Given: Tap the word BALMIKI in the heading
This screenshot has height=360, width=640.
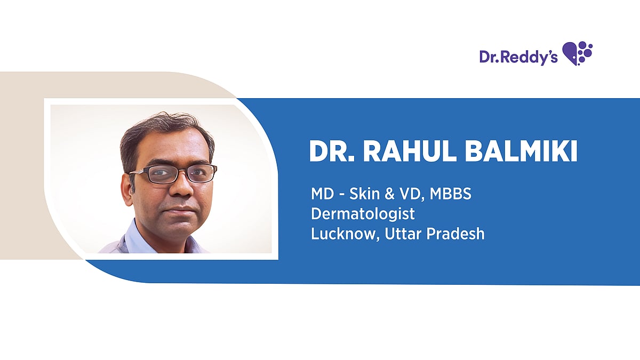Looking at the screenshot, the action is tap(521, 151).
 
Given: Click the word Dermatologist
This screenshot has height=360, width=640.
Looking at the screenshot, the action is tap(363, 214).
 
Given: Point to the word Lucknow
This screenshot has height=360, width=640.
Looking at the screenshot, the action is tap(345, 234).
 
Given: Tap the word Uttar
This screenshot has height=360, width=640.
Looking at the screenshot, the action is tap(403, 234).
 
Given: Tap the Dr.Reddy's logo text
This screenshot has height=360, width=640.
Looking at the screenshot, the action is tap(518, 57).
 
